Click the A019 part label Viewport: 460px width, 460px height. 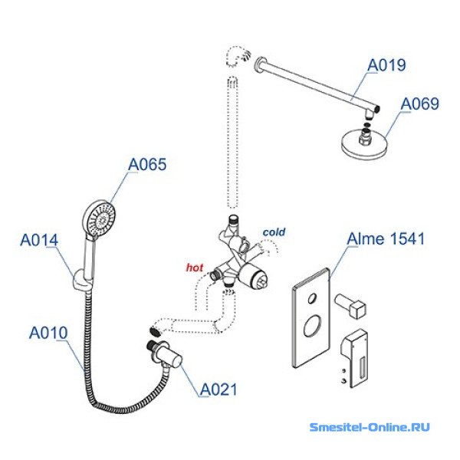pos(386,66)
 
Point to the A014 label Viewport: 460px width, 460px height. pos(39,240)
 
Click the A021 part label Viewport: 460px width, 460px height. pos(219,389)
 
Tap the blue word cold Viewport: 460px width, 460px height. pos(274,232)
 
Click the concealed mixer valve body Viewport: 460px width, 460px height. pos(245,268)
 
